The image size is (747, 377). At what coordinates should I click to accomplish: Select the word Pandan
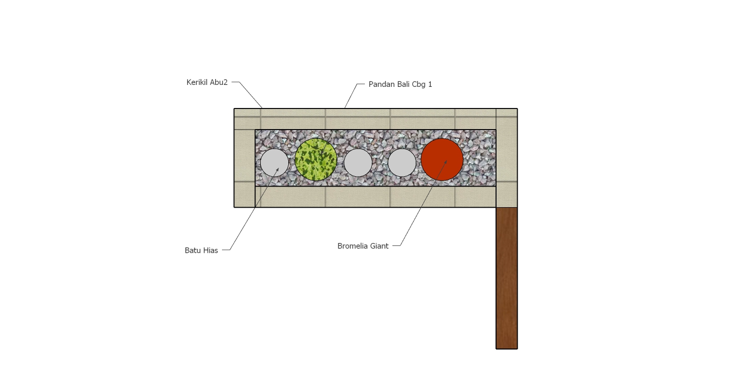click(379, 84)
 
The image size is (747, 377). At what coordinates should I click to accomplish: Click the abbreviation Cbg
click(419, 84)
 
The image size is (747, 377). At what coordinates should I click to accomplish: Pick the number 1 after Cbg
click(430, 84)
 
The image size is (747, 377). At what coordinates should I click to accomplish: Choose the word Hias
click(210, 250)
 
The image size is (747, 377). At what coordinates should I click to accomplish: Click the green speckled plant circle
click(316, 160)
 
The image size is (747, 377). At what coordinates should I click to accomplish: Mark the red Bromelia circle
click(442, 160)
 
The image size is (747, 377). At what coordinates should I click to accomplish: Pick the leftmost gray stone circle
click(275, 162)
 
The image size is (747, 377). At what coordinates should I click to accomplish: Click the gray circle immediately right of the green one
click(358, 162)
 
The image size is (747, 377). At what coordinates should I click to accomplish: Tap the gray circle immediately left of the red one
click(402, 162)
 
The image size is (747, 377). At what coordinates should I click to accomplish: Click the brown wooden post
click(506, 278)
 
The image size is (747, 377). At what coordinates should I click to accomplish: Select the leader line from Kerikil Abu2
click(250, 94)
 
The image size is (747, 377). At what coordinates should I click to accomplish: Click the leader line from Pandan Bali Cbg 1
click(351, 96)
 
